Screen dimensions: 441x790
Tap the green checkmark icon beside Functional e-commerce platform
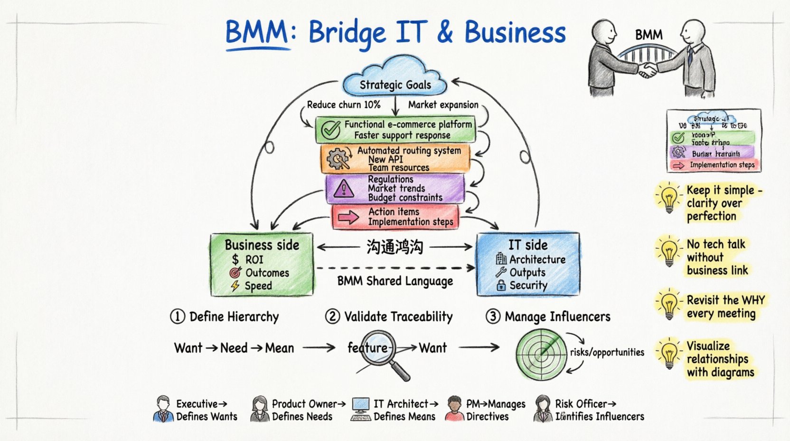pyautogui.click(x=330, y=129)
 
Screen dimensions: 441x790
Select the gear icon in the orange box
pyautogui.click(x=338, y=159)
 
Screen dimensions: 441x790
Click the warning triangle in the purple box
pyautogui.click(x=343, y=189)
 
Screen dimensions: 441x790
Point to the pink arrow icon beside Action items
pyautogui.click(x=348, y=218)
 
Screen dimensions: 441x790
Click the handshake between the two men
pyautogui.click(x=647, y=70)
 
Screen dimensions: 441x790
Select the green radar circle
pyautogui.click(x=541, y=354)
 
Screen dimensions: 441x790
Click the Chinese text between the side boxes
pyautogui.click(x=395, y=247)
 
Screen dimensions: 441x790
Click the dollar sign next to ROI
pyautogui.click(x=235, y=259)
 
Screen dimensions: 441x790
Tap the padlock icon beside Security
pyautogui.click(x=501, y=285)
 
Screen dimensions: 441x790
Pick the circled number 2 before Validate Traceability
pyautogui.click(x=332, y=316)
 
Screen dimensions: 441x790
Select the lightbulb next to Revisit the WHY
pyautogui.click(x=669, y=305)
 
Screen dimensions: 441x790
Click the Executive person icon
pyautogui.click(x=163, y=409)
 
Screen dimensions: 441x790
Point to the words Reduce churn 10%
pyautogui.click(x=343, y=105)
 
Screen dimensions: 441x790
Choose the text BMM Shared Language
pyautogui.click(x=395, y=281)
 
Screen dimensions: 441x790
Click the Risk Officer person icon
pyautogui.click(x=543, y=409)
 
